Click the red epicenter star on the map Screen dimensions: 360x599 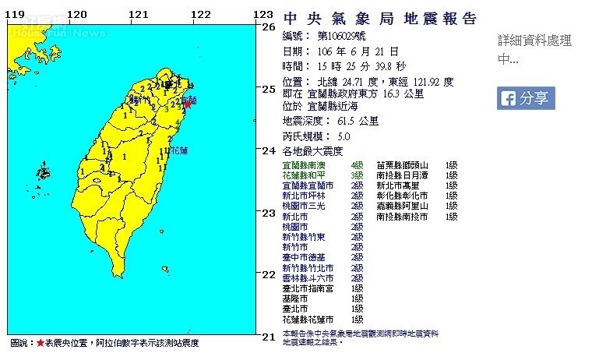coord(186,104)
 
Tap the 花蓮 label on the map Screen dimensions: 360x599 coord(178,150)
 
